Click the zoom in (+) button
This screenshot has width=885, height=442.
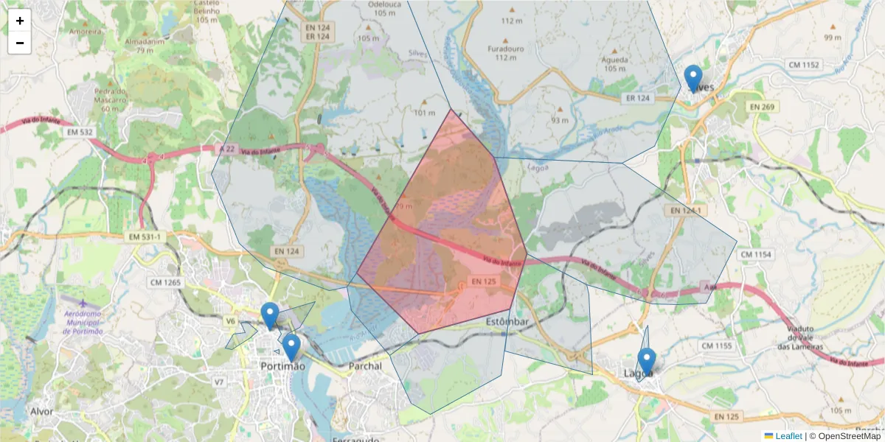pos(20,21)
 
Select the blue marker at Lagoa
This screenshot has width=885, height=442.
pos(647,361)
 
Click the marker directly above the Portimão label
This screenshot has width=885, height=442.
pos(291,347)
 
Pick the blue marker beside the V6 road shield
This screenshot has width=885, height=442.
pos(270,315)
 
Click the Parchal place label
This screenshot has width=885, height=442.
pos(365,366)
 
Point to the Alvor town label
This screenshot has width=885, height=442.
pos(41,410)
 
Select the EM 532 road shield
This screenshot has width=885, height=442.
pos(80,133)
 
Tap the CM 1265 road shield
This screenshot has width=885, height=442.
pos(165,282)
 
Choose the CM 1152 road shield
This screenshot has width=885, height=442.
pos(804,65)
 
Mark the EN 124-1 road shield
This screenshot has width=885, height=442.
pos(685,211)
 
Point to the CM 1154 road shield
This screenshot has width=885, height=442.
pos(756,254)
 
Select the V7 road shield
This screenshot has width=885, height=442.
pos(218,382)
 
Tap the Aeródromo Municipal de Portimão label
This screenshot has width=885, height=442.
pos(83,321)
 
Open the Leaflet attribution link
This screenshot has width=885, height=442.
pos(788,436)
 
